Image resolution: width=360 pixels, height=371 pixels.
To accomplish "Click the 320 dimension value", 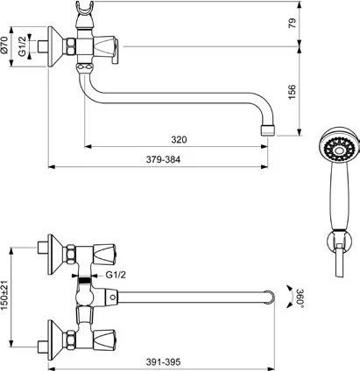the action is coord(179,139).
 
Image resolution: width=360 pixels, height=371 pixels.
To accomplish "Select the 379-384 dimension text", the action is coord(163,159).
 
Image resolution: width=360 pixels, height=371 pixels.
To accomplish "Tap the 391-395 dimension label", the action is coord(163,362).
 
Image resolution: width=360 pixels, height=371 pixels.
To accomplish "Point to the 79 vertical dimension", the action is coord(292,23).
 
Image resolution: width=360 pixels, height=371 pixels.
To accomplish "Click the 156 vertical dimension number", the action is coord(292,92).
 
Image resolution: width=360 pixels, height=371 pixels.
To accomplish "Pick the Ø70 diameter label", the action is coord(4,45).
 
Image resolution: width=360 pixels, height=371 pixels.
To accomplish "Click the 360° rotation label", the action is coord(300,298).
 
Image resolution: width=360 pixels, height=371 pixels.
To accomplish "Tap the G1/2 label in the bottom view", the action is coord(116,275).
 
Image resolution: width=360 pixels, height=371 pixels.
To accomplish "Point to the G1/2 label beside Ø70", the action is coord(23,46).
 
